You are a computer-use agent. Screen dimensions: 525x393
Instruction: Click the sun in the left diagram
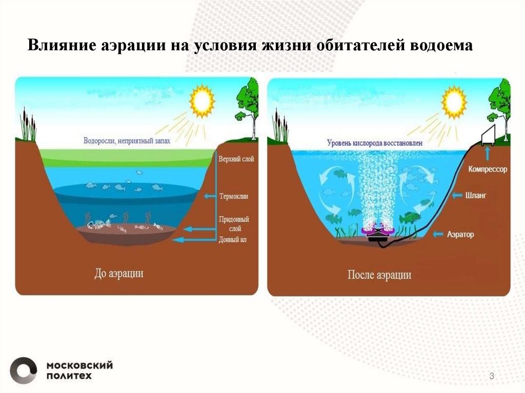click(201, 100)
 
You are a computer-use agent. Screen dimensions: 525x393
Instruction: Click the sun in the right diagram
click(454, 101)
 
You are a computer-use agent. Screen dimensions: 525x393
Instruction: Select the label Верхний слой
click(236, 159)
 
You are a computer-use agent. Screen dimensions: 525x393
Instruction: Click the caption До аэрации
click(119, 273)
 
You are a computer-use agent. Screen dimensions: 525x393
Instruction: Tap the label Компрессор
click(488, 169)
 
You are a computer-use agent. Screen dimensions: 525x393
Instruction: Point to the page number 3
click(492, 377)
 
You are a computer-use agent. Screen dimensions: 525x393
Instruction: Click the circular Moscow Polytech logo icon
click(24, 370)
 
